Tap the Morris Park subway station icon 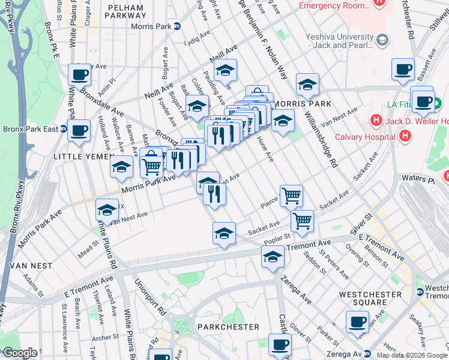(177, 26)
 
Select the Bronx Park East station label (31, 129)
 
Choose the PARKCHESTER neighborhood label (228, 327)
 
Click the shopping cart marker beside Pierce (291, 194)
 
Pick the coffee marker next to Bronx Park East (79, 130)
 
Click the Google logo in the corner (20, 353)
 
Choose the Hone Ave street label (265, 149)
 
